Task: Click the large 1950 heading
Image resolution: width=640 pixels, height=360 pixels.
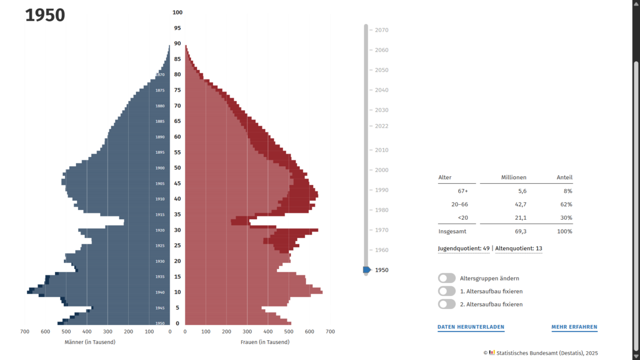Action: point(45,16)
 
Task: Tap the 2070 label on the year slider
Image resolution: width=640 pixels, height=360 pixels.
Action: point(382,30)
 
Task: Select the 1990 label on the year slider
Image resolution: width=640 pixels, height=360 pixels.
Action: point(382,190)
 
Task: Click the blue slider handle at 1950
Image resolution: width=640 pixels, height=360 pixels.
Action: point(367,270)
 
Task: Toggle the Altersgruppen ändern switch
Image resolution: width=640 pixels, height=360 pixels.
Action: point(447,278)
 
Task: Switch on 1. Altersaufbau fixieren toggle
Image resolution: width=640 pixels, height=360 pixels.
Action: point(447,291)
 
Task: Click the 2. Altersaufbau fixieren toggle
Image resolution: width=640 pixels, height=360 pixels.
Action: point(447,304)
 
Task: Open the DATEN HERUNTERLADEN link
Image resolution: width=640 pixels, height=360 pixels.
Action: point(471,327)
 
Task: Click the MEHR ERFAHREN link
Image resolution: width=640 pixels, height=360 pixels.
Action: point(574,327)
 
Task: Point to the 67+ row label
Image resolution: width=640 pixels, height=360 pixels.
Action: point(463,191)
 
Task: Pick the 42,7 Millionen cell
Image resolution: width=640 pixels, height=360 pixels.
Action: point(520,205)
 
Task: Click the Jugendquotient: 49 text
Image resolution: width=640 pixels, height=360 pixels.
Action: point(464,248)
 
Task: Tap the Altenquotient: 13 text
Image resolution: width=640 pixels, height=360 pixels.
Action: point(518,248)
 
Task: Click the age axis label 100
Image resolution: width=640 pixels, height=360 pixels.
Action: point(178,12)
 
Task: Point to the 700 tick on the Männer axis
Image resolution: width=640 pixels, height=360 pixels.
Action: point(24,331)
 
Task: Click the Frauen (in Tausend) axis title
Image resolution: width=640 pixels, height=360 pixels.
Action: point(265,342)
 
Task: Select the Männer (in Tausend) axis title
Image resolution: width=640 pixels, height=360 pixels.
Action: point(90,342)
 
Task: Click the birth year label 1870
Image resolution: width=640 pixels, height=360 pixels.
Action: point(160,75)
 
